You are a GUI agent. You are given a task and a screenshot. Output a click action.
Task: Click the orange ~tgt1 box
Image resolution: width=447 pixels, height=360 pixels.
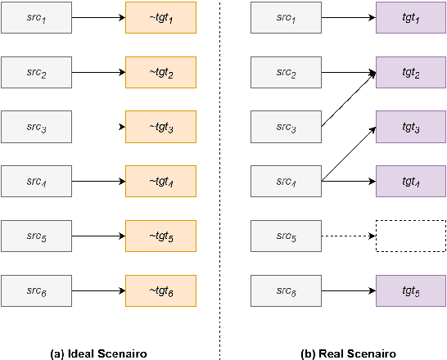[161, 18]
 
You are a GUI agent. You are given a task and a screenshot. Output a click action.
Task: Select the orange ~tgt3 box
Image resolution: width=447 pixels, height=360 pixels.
[161, 127]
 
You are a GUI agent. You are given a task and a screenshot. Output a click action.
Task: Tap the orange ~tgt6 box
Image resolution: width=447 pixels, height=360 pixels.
[161, 290]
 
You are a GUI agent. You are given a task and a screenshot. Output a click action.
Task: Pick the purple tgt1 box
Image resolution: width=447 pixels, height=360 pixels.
[411, 18]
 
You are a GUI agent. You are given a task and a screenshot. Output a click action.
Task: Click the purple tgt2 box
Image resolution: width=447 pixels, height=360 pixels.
[411, 73]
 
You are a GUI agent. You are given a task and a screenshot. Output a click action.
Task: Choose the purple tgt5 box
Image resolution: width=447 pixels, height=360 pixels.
[411, 290]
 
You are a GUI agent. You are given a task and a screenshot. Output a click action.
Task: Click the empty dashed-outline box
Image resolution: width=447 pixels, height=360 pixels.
[411, 236]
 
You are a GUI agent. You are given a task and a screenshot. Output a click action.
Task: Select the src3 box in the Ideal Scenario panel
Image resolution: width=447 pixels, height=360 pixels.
[37, 127]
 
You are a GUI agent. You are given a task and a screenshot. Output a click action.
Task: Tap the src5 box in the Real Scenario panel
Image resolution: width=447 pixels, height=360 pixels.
[286, 236]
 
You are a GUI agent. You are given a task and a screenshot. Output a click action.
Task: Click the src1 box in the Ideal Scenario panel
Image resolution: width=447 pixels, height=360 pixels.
[37, 18]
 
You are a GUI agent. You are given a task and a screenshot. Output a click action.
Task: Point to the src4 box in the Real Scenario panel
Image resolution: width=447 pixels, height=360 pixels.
[286, 181]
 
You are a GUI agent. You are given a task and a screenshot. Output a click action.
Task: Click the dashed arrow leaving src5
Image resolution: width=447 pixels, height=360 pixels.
[348, 236]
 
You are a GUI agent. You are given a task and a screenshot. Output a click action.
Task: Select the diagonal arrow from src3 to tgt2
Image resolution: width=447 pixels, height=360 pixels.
[348, 99]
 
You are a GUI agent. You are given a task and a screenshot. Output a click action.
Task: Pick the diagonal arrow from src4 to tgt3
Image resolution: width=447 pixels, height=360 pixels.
[348, 153]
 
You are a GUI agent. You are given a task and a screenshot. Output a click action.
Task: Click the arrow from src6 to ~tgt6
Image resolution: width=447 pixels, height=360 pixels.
[98, 290]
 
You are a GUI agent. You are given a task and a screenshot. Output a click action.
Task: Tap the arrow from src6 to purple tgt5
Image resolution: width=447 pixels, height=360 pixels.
[348, 290]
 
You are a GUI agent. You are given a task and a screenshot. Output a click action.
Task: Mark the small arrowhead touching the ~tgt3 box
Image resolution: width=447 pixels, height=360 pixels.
[122, 127]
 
